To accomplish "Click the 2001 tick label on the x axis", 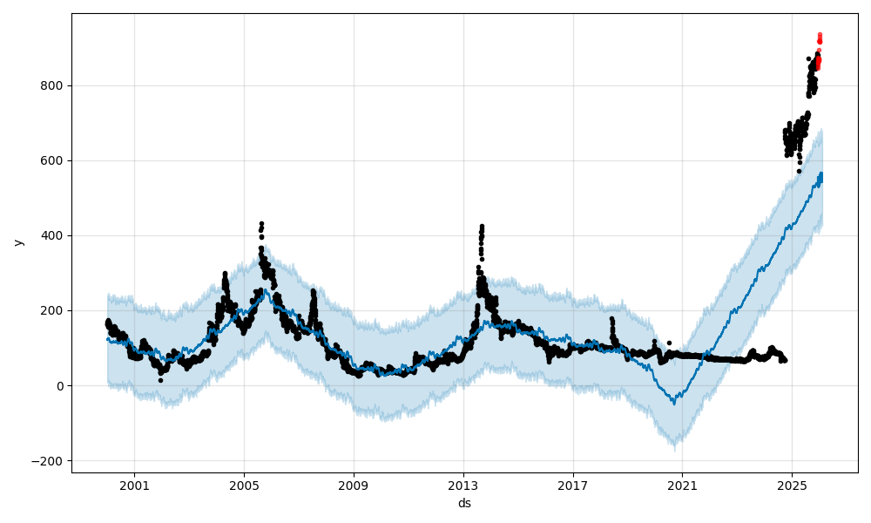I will click(134, 486).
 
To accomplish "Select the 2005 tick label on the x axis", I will click(244, 486).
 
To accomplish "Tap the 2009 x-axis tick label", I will click(354, 486).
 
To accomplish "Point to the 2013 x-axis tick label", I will click(463, 486).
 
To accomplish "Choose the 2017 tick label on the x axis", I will click(572, 486).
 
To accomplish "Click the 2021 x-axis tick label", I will click(682, 486).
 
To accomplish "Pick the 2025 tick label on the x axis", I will click(792, 486).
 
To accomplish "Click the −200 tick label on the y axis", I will click(51, 461).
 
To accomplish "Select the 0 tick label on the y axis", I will click(62, 386).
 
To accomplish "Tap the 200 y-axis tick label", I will click(56, 311).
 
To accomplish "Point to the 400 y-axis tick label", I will click(56, 236).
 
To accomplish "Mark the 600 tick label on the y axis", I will click(56, 161).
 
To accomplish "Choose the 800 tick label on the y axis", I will click(56, 86).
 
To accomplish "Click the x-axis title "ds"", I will click(464, 503).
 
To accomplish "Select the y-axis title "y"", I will click(18, 242).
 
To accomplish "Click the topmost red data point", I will click(820, 35).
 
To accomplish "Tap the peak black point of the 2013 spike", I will click(482, 227).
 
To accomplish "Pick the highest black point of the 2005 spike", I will click(261, 224).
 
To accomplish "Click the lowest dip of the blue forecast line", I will click(673, 403).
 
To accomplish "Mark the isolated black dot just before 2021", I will click(669, 343).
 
